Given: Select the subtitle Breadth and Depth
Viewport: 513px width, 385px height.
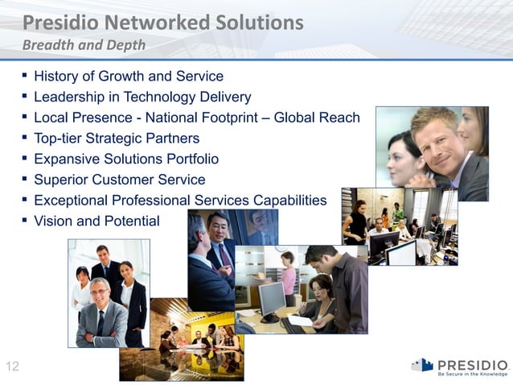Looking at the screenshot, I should coord(84,45).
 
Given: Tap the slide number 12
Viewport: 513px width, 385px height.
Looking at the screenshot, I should coord(12,367).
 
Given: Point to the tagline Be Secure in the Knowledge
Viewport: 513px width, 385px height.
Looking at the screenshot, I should coord(472,374).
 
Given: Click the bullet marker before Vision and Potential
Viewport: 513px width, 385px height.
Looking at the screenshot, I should coord(25,220).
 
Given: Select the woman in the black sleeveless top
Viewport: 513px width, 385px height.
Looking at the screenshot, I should coord(355,221).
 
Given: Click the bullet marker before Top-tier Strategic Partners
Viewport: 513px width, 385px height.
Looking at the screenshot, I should coord(25,138).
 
